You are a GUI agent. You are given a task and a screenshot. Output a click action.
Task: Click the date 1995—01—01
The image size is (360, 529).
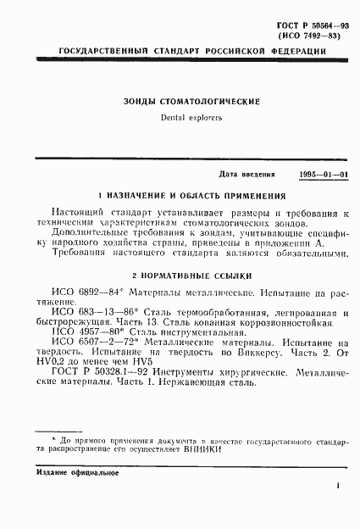[x=323, y=174]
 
